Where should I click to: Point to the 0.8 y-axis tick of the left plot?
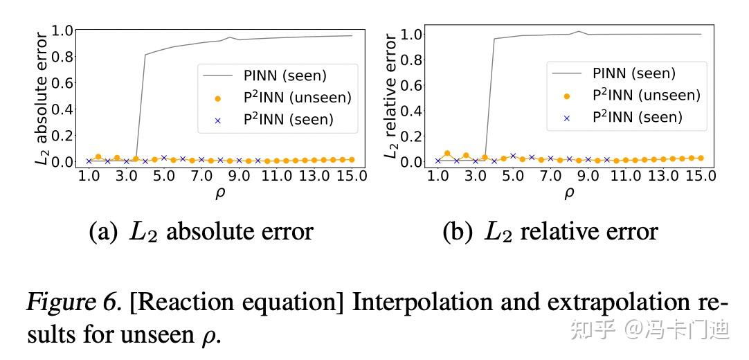tap(60, 56)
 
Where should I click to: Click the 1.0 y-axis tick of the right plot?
tap(410, 34)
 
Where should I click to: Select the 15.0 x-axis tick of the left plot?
tap(352, 177)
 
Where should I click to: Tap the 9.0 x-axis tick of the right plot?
tap(588, 177)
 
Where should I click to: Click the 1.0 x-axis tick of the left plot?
tap(89, 177)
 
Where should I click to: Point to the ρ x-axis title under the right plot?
tap(569, 193)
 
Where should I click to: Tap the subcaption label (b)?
tap(457, 232)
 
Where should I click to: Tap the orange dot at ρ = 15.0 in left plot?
tap(352, 159)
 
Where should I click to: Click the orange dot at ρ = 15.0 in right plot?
tap(701, 158)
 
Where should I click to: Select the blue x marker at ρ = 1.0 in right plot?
tap(437, 161)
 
